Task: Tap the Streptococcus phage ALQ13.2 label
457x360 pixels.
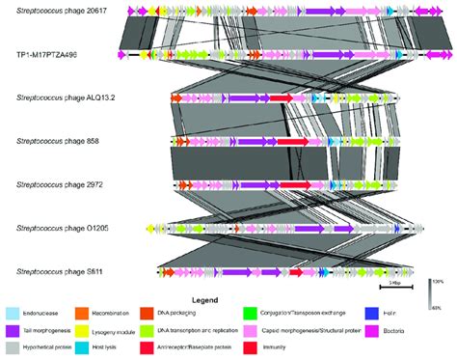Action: pos(66,99)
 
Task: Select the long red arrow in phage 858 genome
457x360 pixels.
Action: pos(293,142)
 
